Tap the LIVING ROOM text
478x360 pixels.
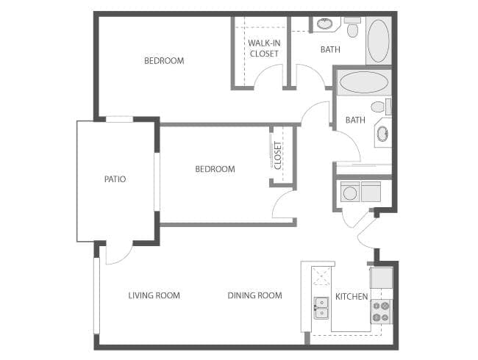(154, 296)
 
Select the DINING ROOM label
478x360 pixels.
(254, 296)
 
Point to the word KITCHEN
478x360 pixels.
(352, 297)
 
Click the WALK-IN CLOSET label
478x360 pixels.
(263, 48)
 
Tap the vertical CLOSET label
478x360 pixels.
(278, 155)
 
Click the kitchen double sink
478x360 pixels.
(321, 307)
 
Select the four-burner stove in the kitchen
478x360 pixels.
(380, 312)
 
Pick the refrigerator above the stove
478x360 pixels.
(381, 278)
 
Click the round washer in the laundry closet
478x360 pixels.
(350, 193)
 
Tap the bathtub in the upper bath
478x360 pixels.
(378, 40)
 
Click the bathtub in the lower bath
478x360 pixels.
(363, 82)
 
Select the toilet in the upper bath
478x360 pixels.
(352, 29)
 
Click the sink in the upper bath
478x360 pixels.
(324, 24)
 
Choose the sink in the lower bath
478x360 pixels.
(382, 134)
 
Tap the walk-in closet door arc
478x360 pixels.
(269, 76)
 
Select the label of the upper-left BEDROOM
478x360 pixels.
(164, 61)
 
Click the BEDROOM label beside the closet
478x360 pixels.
(215, 170)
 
